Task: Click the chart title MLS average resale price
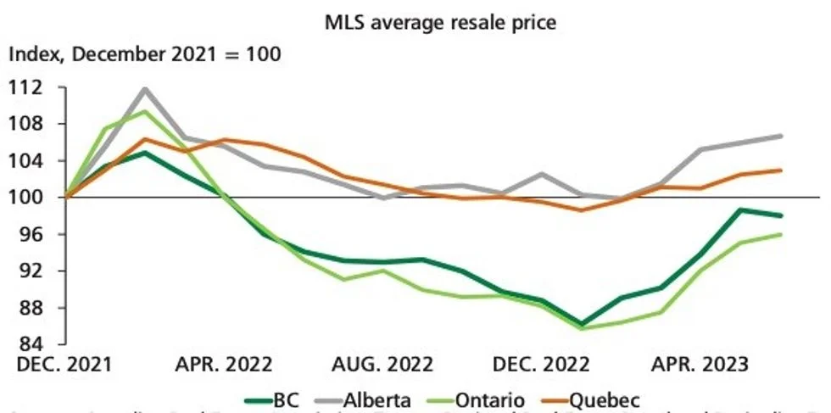point(441,23)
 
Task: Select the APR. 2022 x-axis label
point(224,365)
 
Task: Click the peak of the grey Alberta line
point(145,88)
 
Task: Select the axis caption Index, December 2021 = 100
point(144,55)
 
